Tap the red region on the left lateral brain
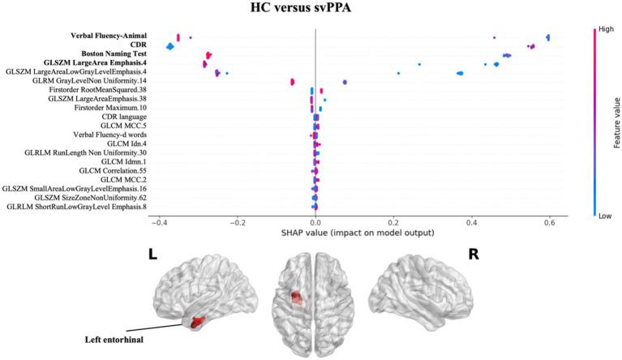coord(195,321)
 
